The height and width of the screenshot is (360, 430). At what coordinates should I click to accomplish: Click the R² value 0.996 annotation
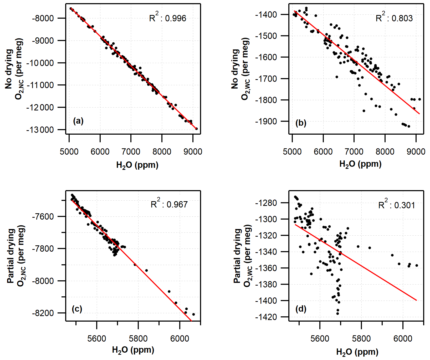pos(168,18)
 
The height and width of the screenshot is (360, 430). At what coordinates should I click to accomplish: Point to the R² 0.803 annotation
pos(394,18)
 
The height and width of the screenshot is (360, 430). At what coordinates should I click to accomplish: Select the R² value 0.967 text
pos(169,204)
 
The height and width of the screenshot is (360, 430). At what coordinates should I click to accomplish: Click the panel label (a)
pos(78,121)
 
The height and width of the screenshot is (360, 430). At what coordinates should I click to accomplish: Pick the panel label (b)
pos(301,123)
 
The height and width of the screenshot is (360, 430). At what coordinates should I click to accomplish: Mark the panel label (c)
pos(77,309)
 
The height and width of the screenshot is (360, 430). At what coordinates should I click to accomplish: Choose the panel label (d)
pos(301,309)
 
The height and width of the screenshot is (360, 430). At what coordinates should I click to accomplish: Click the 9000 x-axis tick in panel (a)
pos(193,152)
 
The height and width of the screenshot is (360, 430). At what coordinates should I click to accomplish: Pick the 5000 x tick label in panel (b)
pos(292,152)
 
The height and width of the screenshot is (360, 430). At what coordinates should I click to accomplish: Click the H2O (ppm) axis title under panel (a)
pos(137,165)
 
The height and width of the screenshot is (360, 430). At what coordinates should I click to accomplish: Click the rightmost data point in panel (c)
pos(193,314)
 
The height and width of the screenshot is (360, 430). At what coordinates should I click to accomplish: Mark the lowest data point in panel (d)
pos(337,313)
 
